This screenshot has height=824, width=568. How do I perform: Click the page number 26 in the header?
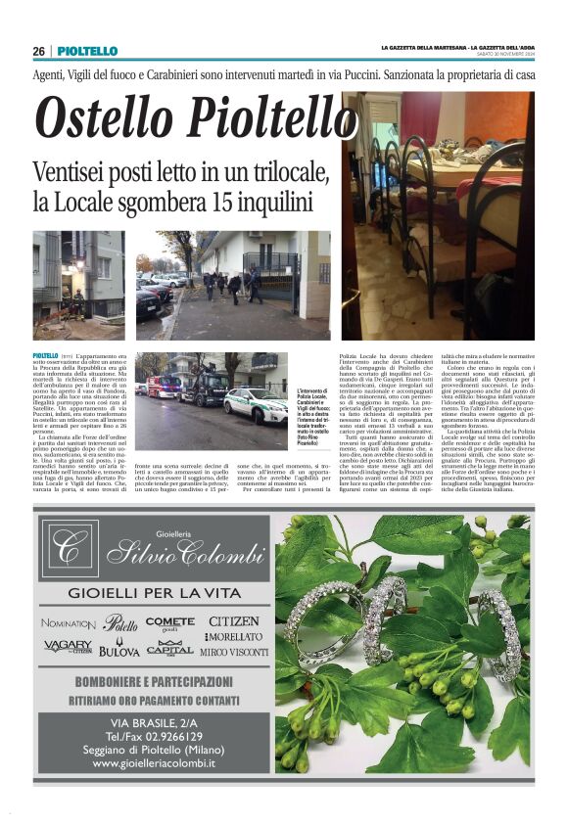39,51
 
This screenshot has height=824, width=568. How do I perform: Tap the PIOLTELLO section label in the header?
87,51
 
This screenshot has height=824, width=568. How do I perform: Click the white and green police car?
257,403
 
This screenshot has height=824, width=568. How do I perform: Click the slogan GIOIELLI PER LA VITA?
154,593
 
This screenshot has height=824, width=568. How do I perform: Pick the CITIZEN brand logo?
234,621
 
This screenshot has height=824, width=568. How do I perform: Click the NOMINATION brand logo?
69,622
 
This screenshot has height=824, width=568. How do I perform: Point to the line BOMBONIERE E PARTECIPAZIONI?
154,681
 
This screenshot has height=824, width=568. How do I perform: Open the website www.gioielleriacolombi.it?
154,762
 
